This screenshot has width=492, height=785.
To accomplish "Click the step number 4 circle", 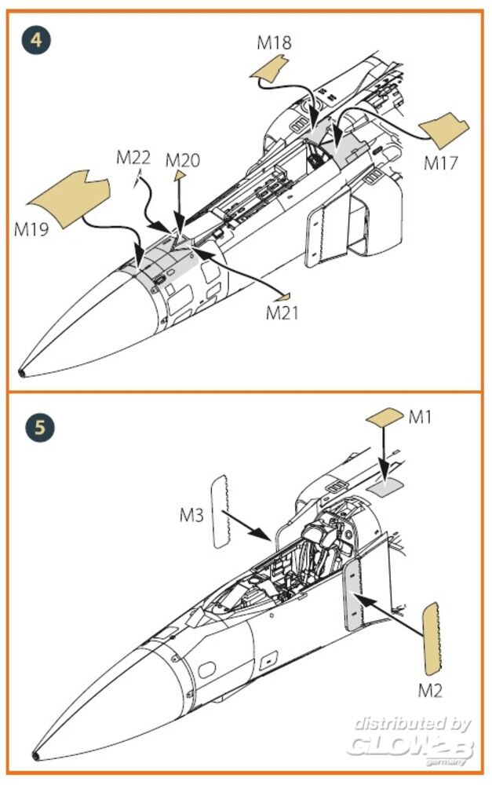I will (37, 38).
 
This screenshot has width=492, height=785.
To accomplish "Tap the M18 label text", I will (274, 42).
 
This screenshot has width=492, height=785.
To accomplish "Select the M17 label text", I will (441, 163).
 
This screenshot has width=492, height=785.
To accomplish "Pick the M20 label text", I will (183, 160).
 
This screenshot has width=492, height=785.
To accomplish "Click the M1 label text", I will (421, 417).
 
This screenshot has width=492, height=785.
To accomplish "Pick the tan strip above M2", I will (431, 639).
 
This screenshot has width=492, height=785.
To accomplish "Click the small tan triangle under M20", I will (180, 176).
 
